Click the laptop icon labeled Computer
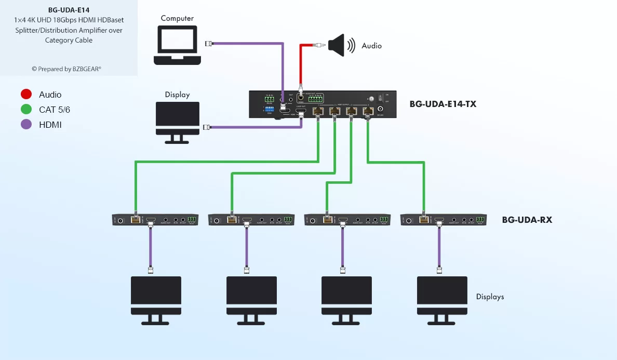(178, 46)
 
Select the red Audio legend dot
(26, 94)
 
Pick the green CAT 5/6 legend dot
(26, 110)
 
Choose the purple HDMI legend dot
(26, 125)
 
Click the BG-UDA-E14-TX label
(442, 104)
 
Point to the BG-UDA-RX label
(527, 220)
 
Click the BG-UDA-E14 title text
(69, 9)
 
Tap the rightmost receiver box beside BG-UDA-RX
(443, 220)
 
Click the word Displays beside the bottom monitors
(490, 297)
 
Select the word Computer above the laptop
(177, 18)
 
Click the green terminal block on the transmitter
(316, 98)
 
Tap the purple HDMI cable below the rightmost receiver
(439, 247)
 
